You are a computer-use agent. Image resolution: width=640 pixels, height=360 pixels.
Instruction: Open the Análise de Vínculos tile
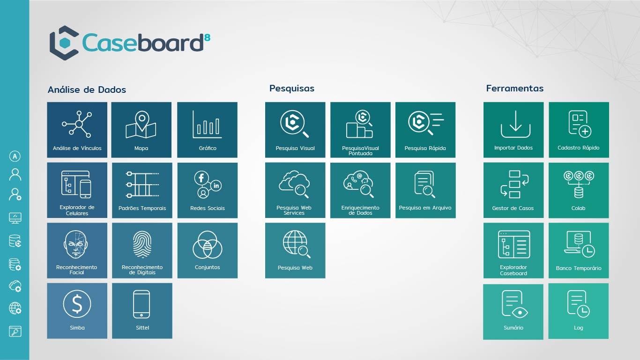point(77,130)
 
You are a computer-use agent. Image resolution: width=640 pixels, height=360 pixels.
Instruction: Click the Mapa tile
point(141,130)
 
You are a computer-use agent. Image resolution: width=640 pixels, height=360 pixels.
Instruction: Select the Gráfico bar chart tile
point(207,130)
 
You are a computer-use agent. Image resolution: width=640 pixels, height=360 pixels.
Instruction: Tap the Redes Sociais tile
point(207,190)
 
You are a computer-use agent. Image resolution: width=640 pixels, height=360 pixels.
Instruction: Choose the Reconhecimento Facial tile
point(77,250)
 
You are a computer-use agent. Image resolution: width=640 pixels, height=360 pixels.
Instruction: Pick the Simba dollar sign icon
point(77,304)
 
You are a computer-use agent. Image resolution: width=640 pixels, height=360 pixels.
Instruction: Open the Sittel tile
point(142,310)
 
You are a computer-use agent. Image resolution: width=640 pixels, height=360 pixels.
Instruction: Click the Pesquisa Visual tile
point(295,130)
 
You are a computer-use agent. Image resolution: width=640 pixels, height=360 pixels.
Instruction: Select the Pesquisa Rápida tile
point(425,130)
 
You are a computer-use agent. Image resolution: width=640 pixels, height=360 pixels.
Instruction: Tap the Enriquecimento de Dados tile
point(360,190)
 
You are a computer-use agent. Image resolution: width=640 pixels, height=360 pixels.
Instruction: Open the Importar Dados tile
point(513,130)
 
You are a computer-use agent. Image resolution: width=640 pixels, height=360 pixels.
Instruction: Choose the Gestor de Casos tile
point(513,190)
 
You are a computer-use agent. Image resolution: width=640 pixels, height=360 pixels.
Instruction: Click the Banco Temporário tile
point(579,250)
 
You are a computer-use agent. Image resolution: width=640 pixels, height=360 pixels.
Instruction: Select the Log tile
point(579,311)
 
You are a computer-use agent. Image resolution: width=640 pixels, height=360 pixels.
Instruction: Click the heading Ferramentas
point(514,88)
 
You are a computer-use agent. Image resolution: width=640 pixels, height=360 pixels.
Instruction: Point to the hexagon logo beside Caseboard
point(64,43)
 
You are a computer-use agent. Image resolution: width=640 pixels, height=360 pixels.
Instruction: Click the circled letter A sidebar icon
point(15,157)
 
